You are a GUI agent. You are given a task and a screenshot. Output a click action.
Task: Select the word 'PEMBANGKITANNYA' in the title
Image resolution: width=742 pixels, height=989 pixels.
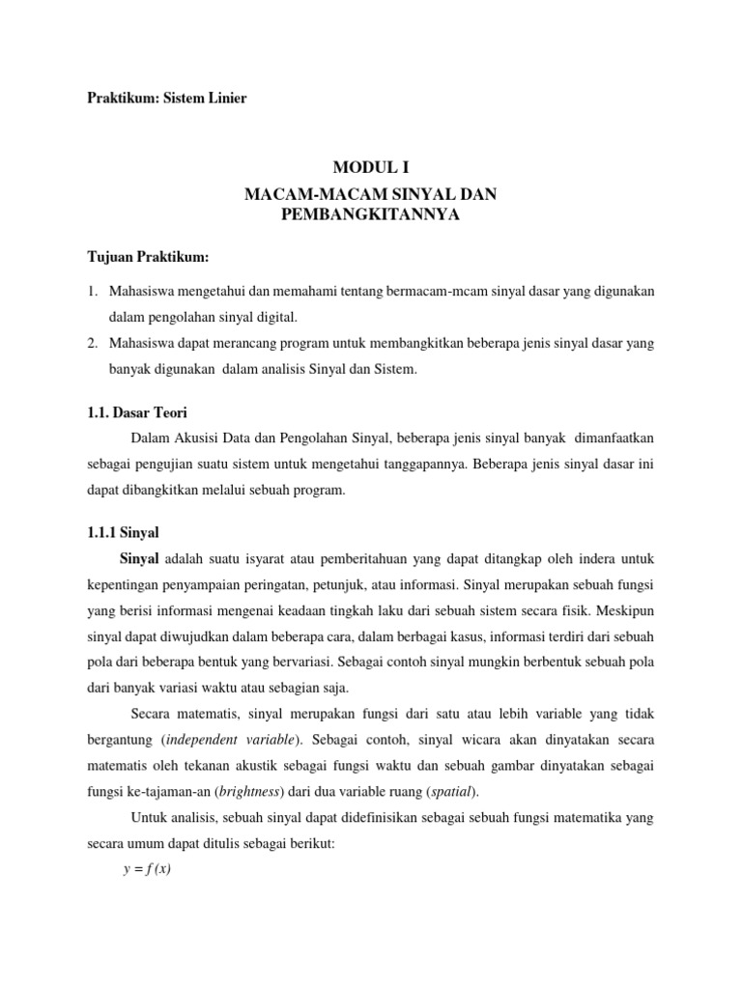[x=370, y=215]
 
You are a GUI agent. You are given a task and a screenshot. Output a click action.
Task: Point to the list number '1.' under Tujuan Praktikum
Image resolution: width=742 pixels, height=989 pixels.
[x=93, y=290]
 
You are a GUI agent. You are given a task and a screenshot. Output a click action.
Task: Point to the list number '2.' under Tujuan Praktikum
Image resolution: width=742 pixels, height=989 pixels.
[x=93, y=344]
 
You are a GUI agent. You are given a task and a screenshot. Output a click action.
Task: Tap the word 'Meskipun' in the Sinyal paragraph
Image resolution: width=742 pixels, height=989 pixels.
[x=626, y=611]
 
